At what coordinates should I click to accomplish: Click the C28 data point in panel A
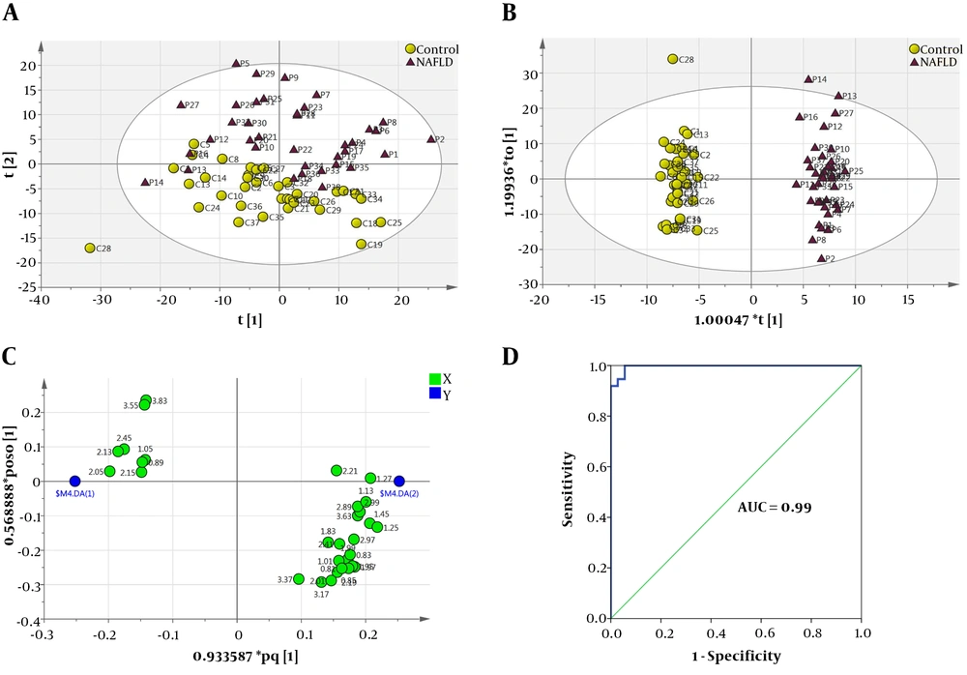click(90, 249)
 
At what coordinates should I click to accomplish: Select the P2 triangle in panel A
click(431, 139)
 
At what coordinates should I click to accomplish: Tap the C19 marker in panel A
click(361, 244)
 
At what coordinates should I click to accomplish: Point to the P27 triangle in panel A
click(180, 104)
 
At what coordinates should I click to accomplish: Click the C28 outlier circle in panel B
click(673, 59)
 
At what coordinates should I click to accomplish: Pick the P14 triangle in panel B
click(808, 79)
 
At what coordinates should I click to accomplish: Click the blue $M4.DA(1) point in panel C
click(75, 482)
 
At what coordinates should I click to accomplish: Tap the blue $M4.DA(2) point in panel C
click(399, 482)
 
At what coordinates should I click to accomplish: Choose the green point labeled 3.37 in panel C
click(299, 579)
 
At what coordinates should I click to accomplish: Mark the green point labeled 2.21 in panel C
click(337, 471)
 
